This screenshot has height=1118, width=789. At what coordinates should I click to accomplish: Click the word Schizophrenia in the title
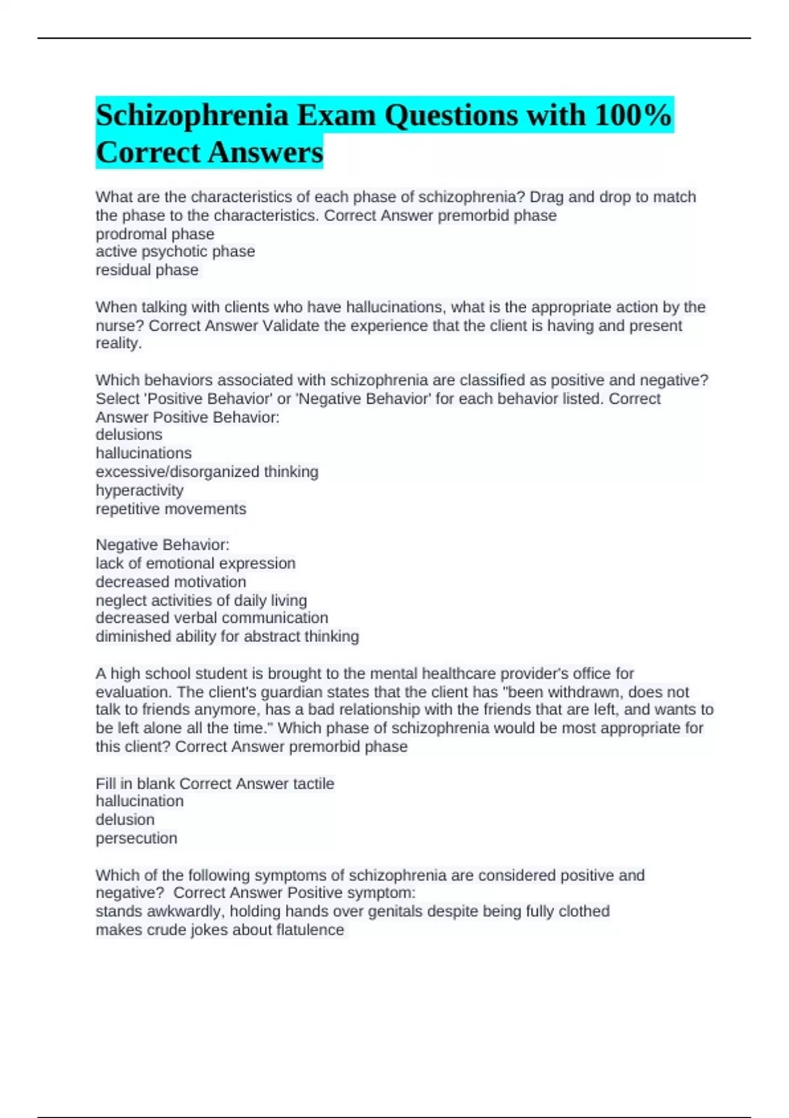click(192, 116)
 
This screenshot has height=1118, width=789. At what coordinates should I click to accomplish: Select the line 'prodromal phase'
click(155, 234)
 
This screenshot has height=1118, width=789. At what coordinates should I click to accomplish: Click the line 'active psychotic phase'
click(175, 252)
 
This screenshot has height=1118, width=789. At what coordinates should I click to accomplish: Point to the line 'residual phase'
click(147, 270)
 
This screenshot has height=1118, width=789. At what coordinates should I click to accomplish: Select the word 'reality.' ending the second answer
click(118, 343)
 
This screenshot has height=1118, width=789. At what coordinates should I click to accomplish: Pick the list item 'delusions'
click(129, 435)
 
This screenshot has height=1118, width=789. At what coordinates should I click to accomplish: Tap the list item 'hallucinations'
click(143, 453)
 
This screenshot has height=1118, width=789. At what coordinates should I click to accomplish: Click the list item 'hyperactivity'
click(139, 491)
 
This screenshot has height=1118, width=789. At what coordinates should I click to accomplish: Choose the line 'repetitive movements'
click(171, 509)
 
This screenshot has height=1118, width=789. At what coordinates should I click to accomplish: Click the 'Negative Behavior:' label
click(162, 545)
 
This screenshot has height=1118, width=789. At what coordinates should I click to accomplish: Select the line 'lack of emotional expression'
click(195, 564)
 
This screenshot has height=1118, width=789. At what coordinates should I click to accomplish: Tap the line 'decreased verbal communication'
click(212, 618)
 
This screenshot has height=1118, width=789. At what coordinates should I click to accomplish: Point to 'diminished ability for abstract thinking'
click(227, 637)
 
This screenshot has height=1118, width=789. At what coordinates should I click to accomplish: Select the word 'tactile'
click(313, 784)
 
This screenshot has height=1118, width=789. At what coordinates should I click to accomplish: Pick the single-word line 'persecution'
click(136, 838)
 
